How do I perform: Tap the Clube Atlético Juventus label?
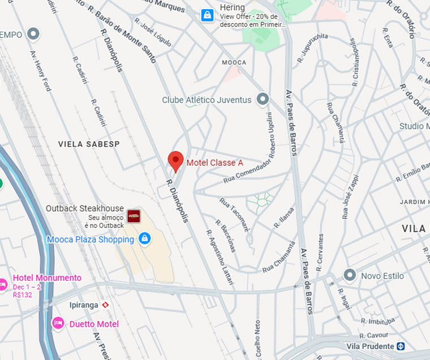click(207, 100)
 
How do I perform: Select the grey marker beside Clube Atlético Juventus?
click(262, 100)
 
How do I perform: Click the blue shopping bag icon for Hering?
click(208, 15)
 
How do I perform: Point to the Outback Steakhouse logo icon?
click(134, 215)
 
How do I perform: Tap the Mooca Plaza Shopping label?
click(91, 239)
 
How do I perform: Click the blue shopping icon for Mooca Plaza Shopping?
click(145, 238)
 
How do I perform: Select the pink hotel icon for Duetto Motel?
click(57, 323)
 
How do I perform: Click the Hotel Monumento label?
click(47, 278)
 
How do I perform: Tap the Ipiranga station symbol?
click(105, 305)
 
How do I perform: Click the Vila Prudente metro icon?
click(401, 346)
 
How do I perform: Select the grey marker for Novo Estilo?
click(350, 276)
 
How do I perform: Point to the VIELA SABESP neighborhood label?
click(89, 144)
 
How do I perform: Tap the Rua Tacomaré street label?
click(234, 215)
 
